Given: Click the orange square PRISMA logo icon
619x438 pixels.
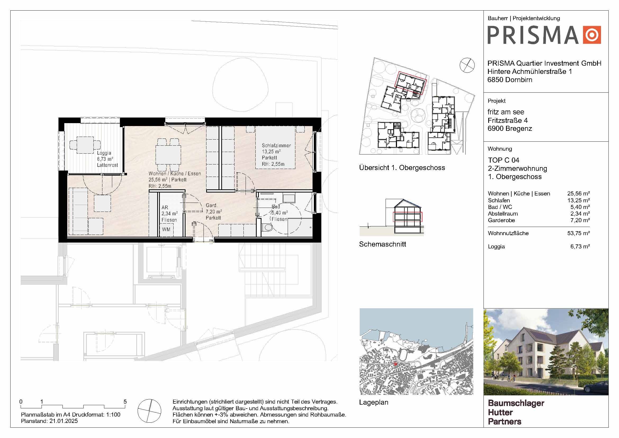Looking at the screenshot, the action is [x=592, y=35].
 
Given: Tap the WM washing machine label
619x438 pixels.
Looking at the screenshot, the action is [x=166, y=229].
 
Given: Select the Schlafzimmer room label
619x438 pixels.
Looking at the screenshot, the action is [x=276, y=145].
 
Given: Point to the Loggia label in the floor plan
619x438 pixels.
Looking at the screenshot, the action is [x=104, y=153].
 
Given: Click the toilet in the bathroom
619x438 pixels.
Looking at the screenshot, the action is [x=267, y=227].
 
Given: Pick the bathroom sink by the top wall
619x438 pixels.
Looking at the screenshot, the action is [x=289, y=198].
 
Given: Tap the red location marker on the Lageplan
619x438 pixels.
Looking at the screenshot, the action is [x=395, y=364].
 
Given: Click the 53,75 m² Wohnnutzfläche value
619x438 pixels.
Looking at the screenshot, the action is [x=578, y=233].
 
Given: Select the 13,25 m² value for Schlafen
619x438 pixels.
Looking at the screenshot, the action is [x=578, y=200].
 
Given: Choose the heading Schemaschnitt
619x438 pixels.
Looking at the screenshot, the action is [x=382, y=244].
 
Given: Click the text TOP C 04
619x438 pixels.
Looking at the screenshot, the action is [x=503, y=160].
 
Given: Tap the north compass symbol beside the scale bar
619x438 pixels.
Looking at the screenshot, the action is [x=149, y=411].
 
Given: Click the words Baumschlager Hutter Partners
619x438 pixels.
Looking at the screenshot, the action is [x=516, y=412].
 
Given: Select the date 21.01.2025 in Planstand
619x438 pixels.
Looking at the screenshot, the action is [x=64, y=421].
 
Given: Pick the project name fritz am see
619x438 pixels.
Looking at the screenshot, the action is [x=506, y=112].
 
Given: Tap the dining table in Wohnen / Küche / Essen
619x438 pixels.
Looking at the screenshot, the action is [x=168, y=155].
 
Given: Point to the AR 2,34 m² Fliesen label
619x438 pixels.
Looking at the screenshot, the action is [x=169, y=214].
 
